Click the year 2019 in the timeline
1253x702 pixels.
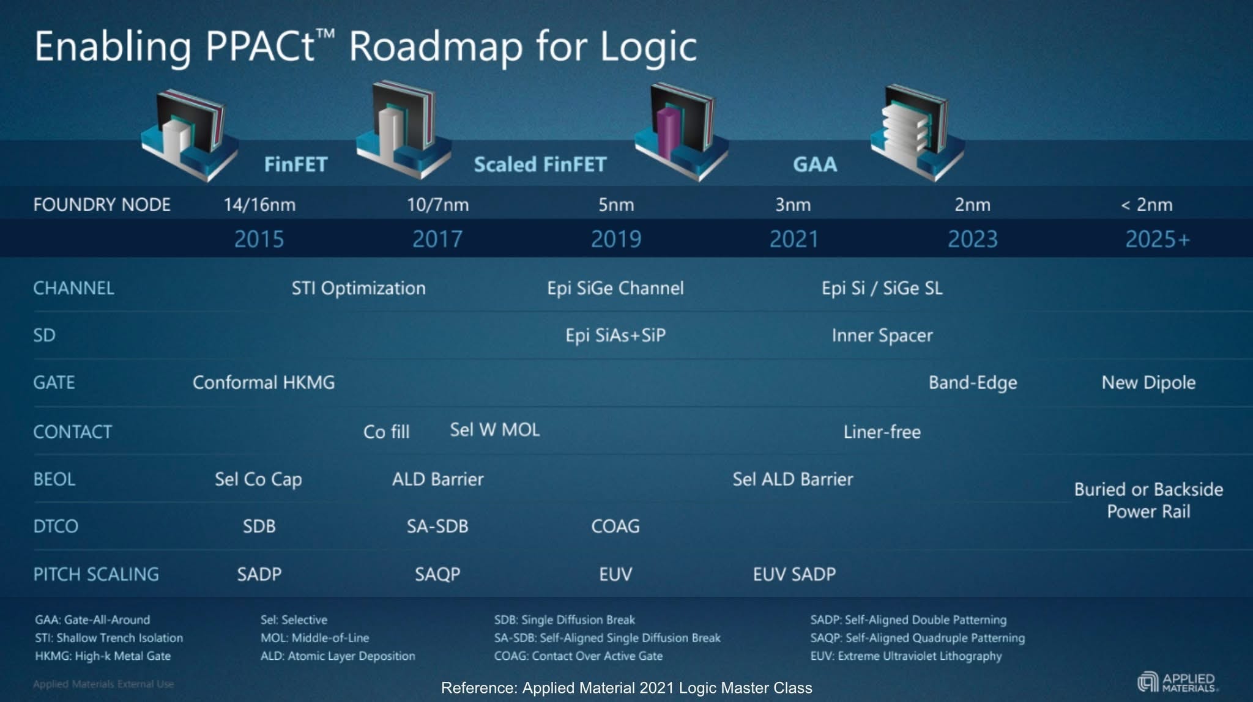click(615, 239)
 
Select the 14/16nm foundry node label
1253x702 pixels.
click(259, 205)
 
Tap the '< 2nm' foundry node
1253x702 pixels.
click(1147, 205)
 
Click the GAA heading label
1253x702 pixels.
click(814, 164)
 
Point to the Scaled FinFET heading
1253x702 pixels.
click(540, 164)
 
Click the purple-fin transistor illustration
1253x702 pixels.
click(680, 131)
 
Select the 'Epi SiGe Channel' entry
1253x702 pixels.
click(615, 288)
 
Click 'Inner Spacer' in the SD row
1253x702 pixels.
click(882, 335)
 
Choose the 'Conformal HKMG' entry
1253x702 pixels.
click(264, 383)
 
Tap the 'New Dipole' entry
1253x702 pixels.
click(1148, 383)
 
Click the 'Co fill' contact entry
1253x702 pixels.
click(386, 432)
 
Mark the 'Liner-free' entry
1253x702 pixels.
click(882, 432)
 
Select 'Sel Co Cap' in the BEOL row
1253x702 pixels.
click(258, 479)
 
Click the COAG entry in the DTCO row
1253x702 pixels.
click(615, 526)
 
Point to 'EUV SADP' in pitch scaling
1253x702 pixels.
click(794, 574)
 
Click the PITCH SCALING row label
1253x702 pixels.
click(96, 574)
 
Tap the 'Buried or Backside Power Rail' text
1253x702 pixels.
click(1148, 500)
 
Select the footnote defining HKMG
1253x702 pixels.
click(103, 656)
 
